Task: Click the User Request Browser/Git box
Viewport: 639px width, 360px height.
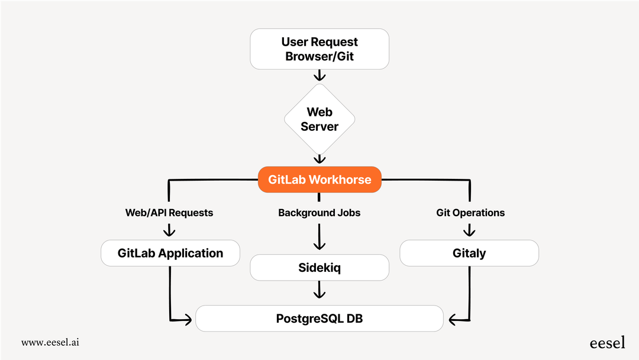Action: click(x=319, y=49)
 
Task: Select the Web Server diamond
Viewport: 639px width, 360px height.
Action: click(x=319, y=119)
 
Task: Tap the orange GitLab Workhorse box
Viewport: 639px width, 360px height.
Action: click(x=319, y=179)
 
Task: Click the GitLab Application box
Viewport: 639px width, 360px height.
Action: click(x=170, y=253)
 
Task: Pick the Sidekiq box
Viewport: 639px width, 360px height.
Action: click(x=319, y=268)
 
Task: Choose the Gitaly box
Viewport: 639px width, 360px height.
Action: click(x=469, y=253)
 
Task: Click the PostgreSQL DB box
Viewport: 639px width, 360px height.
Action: click(x=319, y=319)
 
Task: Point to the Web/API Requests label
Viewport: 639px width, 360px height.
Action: click(x=169, y=213)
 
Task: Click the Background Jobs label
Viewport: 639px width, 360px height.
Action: click(x=319, y=213)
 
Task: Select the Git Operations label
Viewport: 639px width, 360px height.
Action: click(x=470, y=213)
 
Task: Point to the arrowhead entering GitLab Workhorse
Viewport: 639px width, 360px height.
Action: click(x=319, y=160)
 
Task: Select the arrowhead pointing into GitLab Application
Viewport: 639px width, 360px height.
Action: click(x=170, y=233)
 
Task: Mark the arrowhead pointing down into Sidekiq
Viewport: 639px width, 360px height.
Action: click(x=319, y=247)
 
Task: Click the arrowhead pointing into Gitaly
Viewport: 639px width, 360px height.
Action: click(x=470, y=233)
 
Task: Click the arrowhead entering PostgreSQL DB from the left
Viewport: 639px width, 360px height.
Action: click(x=189, y=321)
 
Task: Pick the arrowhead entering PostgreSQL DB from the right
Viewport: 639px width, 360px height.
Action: click(x=453, y=321)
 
